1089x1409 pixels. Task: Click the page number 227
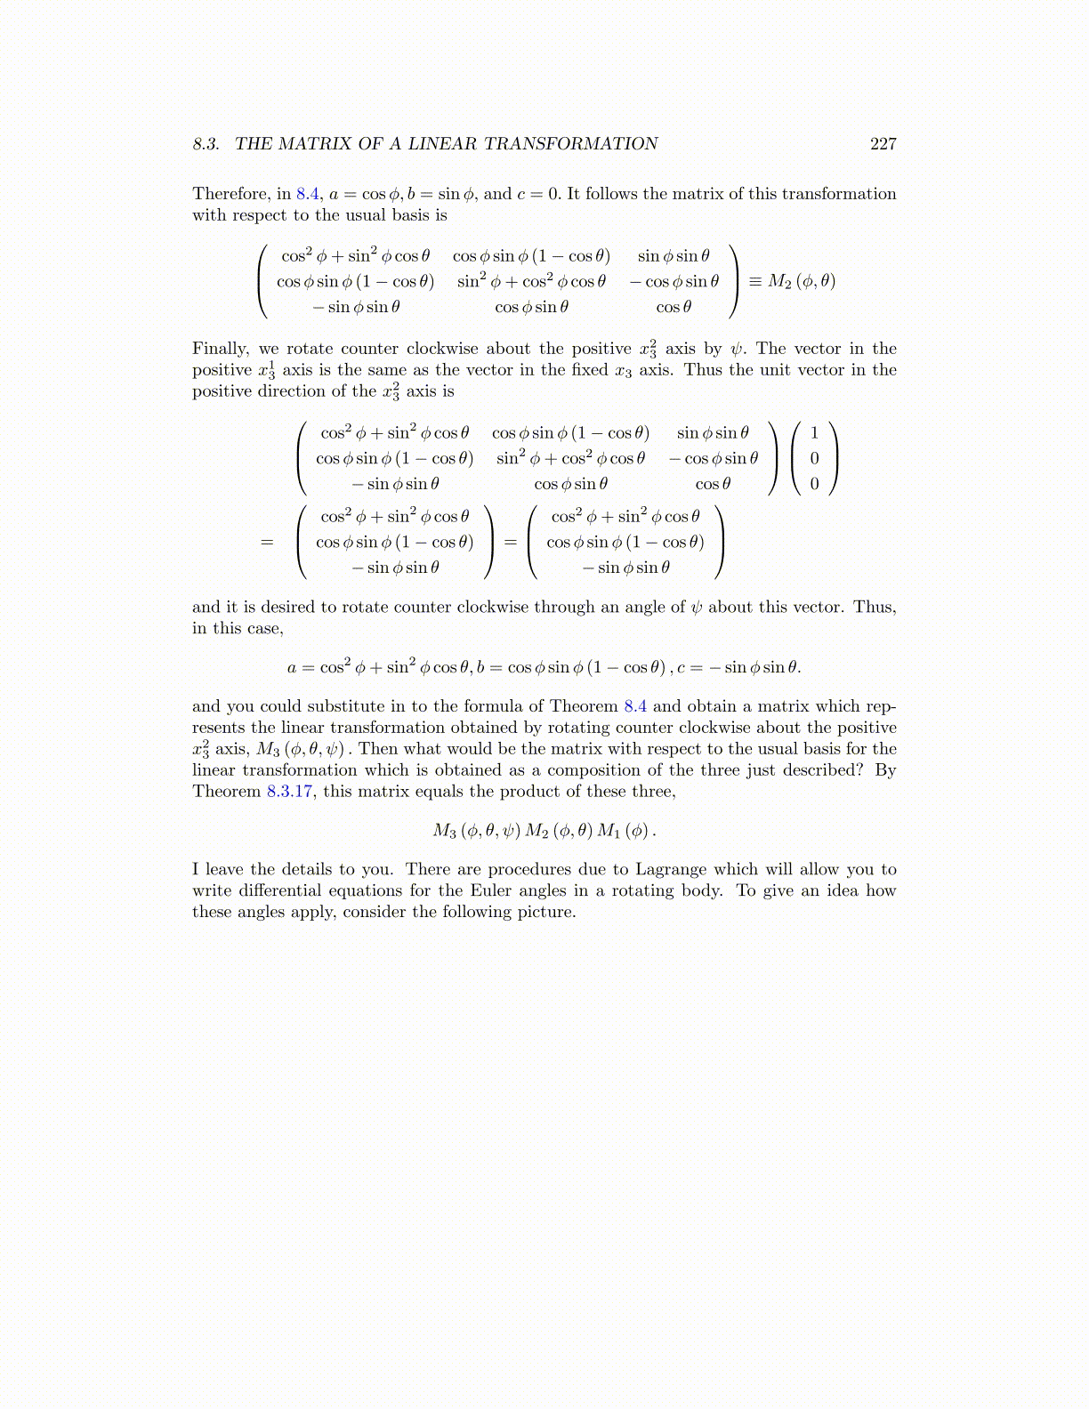[x=883, y=144]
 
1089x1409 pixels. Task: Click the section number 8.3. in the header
[x=206, y=144]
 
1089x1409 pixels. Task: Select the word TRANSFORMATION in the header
[x=570, y=144]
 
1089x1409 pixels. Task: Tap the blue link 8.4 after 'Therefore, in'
[x=307, y=194]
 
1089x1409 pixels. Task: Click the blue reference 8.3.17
[x=290, y=792]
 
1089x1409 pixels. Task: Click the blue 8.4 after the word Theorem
[x=634, y=706]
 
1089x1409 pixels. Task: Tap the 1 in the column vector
[x=814, y=433]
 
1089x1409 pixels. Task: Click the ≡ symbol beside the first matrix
[x=754, y=282]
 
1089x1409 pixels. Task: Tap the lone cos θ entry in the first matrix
[x=674, y=307]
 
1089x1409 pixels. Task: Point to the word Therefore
[x=230, y=194]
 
